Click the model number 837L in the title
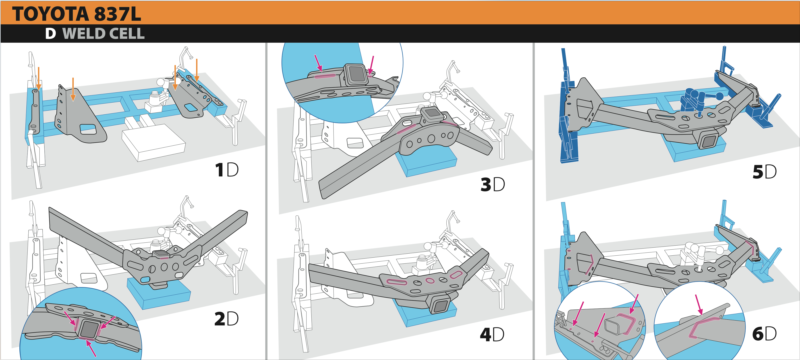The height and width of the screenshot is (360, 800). pyautogui.click(x=117, y=14)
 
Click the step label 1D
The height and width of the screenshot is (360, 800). pyautogui.click(x=227, y=170)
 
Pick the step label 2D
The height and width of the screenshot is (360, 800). pyautogui.click(x=226, y=319)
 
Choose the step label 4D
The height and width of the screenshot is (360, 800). pyautogui.click(x=492, y=335)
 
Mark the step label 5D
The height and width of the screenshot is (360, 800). pyautogui.click(x=764, y=172)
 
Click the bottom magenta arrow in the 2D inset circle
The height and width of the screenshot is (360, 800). pyautogui.click(x=91, y=348)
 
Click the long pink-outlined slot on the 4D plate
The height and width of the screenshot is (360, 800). pyautogui.click(x=396, y=282)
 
